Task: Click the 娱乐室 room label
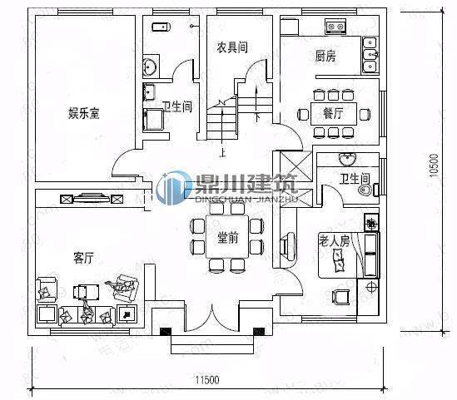(83, 113)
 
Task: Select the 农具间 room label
(232, 47)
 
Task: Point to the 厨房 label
(325, 57)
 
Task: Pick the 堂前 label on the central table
(227, 239)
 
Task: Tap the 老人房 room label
(335, 240)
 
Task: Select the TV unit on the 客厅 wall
(92, 199)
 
